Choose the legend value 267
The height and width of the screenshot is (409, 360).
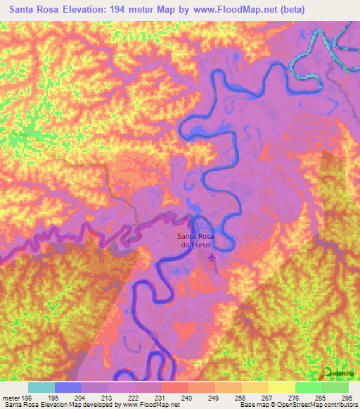click(267, 397)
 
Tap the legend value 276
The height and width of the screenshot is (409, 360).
click(294, 397)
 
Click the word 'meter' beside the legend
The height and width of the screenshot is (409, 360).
click(10, 397)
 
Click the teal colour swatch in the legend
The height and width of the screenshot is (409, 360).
click(41, 387)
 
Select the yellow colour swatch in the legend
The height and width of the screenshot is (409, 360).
click(281, 387)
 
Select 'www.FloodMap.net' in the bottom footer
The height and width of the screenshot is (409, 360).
click(150, 405)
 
